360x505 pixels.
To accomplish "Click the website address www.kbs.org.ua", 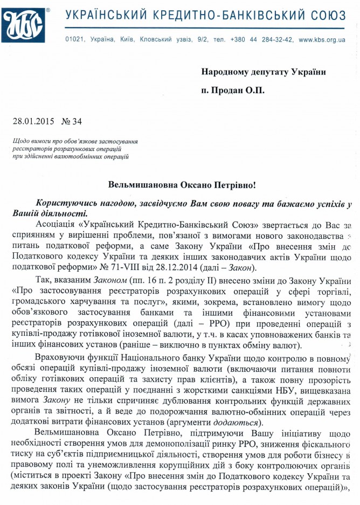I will [322, 39].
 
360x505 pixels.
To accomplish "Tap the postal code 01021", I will [74, 39].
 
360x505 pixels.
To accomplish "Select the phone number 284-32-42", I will [277, 39].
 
